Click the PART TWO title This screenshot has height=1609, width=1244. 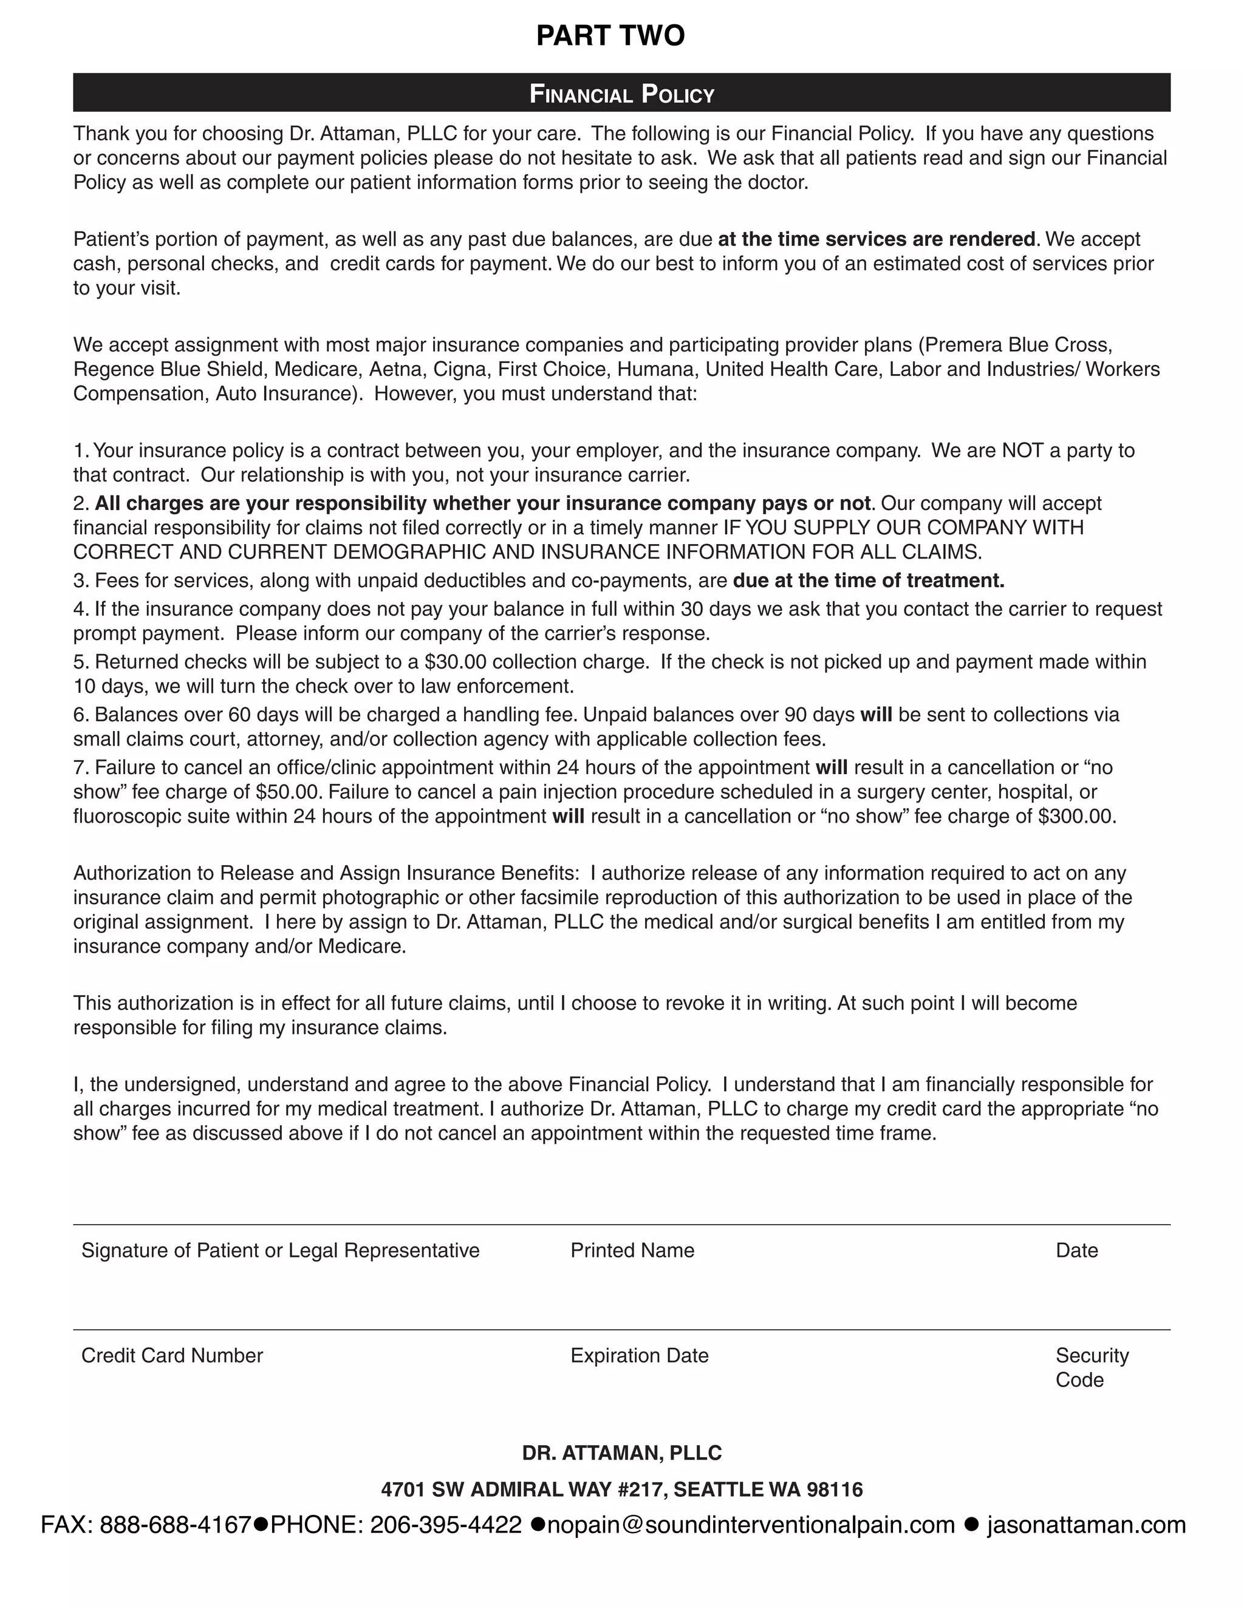(x=610, y=35)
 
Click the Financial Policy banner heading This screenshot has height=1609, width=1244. (x=622, y=94)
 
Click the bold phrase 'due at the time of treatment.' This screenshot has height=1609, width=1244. (x=868, y=580)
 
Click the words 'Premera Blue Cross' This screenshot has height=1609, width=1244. (x=1019, y=345)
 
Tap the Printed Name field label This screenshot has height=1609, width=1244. (x=632, y=1250)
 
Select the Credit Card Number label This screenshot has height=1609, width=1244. (x=172, y=1356)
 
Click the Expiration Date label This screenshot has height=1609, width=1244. (x=639, y=1356)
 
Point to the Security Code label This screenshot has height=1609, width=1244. (x=1092, y=1367)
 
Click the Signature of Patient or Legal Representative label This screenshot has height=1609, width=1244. (x=280, y=1250)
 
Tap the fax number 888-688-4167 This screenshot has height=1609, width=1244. (x=176, y=1524)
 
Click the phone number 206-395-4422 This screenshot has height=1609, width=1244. (x=446, y=1524)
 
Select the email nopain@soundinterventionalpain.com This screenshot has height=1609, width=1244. (x=750, y=1524)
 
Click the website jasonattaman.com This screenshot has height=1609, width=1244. (x=1086, y=1524)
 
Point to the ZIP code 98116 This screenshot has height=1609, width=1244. (x=834, y=1489)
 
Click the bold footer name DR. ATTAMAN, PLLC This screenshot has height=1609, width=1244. (x=622, y=1453)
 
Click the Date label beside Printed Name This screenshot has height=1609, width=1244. (x=1077, y=1250)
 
